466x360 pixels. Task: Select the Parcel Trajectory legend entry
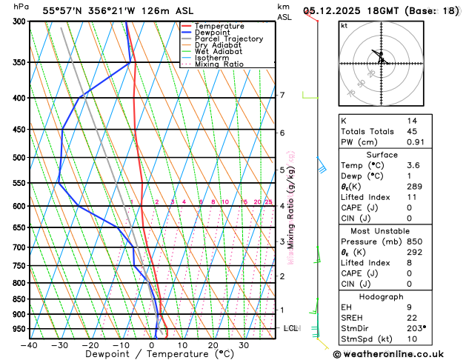(x=228, y=39)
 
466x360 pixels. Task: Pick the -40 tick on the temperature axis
(x=29, y=345)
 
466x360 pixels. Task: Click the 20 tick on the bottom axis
(x=213, y=345)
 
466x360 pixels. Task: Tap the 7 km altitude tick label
(x=282, y=95)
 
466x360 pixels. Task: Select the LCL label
(x=291, y=327)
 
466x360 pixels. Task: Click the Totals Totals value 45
(x=413, y=131)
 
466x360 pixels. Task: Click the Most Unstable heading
(x=397, y=232)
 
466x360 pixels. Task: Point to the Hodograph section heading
(x=397, y=296)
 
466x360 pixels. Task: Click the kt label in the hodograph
(x=344, y=26)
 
